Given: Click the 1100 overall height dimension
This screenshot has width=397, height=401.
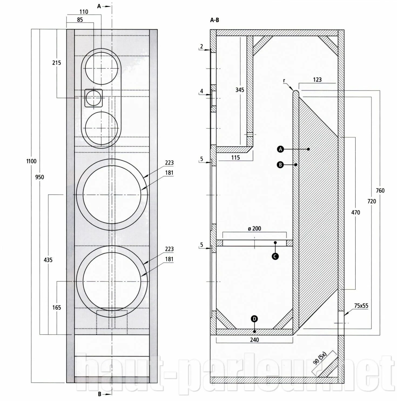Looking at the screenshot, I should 31,161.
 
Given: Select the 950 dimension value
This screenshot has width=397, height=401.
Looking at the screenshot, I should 39,177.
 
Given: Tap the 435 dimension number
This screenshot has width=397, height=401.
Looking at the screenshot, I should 48,260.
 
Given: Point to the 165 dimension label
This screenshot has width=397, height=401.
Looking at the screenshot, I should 57,307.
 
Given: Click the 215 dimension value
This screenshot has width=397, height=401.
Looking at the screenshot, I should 57,63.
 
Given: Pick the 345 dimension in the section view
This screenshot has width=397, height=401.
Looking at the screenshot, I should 240,90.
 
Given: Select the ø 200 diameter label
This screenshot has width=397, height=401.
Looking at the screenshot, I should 254,229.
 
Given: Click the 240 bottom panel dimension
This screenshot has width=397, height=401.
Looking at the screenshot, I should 254,340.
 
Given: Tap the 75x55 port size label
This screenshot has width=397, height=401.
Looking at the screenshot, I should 361,306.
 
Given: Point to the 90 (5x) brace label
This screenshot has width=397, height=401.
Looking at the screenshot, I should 320,359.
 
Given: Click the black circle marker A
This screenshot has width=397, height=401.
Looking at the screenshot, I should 281,149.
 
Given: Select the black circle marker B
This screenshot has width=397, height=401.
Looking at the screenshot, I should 280,164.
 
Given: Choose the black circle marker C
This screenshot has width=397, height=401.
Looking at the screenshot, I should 275,256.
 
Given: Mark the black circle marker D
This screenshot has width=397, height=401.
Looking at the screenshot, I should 254,319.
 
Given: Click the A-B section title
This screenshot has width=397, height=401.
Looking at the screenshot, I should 214,20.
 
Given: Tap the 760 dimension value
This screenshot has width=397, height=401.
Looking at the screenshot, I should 380,191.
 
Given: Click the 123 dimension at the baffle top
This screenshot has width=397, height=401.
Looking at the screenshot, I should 317,80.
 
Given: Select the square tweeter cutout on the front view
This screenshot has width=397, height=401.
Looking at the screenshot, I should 94,98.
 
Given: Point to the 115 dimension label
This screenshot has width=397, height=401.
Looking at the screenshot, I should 235,158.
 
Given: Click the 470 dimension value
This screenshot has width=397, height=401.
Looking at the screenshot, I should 356,212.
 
